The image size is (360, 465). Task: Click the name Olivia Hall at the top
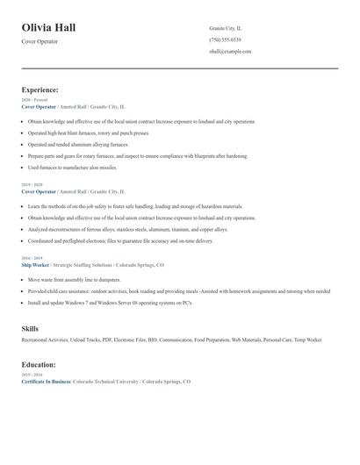[x=49, y=27]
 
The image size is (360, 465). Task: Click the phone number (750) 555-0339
[x=225, y=39]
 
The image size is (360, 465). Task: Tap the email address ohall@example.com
[x=230, y=51]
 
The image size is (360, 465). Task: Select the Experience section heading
[x=40, y=89]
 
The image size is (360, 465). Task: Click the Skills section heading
[x=30, y=328]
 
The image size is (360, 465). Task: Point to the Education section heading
[x=39, y=364]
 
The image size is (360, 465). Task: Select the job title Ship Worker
[x=36, y=263]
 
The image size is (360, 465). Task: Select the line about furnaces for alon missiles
[x=72, y=167]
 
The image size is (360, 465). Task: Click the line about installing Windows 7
[x=110, y=302]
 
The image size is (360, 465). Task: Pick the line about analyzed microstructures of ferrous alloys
[x=127, y=229]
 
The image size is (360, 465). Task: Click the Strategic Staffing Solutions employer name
[x=87, y=263]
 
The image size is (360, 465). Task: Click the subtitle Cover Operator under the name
[x=40, y=41]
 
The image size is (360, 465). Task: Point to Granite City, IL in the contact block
[x=227, y=28]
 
